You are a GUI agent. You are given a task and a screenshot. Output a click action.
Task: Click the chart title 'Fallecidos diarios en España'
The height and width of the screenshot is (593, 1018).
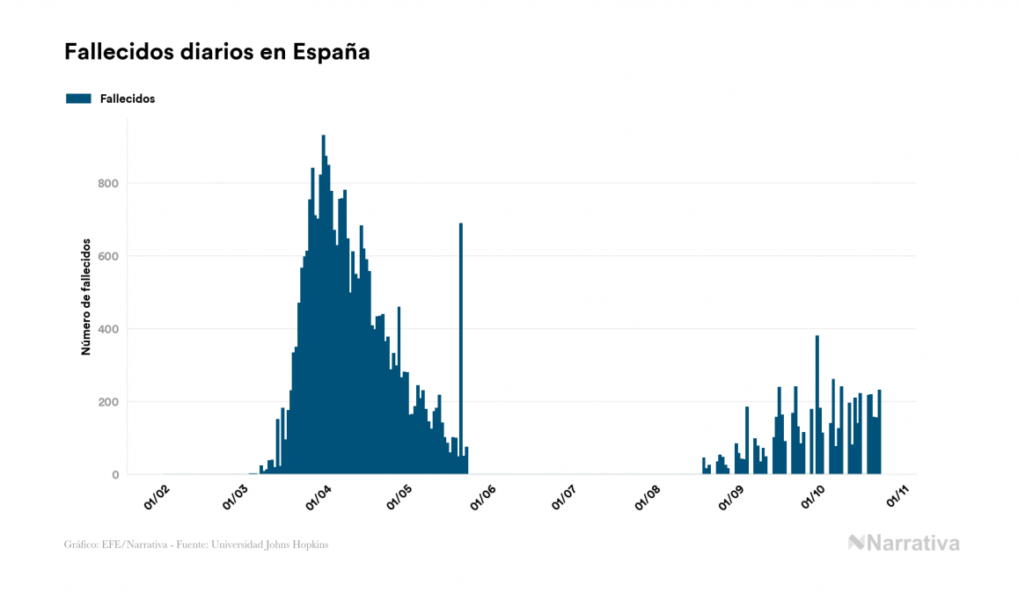(216, 53)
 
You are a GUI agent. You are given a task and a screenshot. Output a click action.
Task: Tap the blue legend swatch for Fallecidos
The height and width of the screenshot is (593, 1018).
(78, 99)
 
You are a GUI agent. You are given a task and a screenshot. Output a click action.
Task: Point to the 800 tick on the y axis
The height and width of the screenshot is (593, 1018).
(108, 183)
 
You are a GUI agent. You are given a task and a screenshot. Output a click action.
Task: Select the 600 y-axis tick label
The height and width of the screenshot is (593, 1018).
(108, 256)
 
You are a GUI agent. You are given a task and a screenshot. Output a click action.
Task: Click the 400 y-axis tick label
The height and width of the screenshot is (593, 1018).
(108, 329)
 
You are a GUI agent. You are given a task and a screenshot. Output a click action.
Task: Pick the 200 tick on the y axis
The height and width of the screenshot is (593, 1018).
(108, 402)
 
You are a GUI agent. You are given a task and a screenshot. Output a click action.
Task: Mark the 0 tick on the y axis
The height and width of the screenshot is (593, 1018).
(114, 475)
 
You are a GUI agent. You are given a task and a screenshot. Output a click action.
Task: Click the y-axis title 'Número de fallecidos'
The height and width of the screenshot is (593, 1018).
(86, 296)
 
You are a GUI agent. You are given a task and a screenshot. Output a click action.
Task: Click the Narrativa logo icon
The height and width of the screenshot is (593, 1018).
(856, 543)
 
